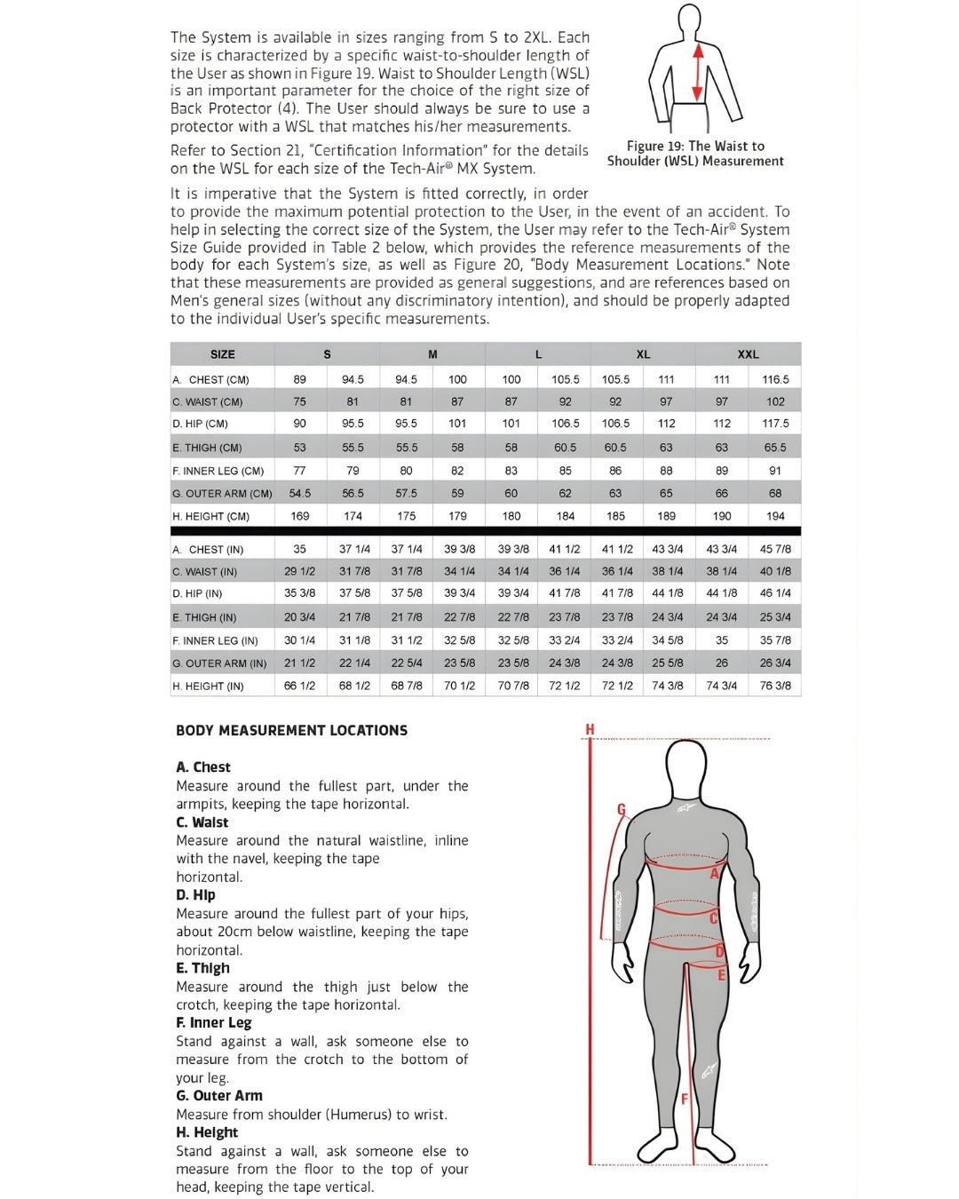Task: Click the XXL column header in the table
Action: (x=748, y=354)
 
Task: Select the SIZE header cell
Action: (x=222, y=354)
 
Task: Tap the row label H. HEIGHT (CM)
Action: (x=211, y=516)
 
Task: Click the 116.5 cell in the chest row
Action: (x=774, y=379)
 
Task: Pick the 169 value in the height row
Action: (x=300, y=516)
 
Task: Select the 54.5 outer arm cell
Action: (x=300, y=493)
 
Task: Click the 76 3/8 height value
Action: (x=774, y=686)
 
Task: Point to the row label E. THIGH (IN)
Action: (x=205, y=617)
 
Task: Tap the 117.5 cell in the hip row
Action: (x=774, y=424)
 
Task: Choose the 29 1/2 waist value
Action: (x=300, y=572)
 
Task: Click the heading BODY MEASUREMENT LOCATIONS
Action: (x=291, y=731)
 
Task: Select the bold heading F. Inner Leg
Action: (x=213, y=1023)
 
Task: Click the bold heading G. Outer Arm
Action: (x=218, y=1096)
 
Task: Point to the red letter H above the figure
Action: (x=590, y=730)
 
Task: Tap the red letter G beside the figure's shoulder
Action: (x=622, y=809)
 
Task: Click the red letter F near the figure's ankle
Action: (x=685, y=1100)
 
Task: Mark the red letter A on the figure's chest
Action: (x=714, y=874)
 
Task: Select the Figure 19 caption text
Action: (x=695, y=154)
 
